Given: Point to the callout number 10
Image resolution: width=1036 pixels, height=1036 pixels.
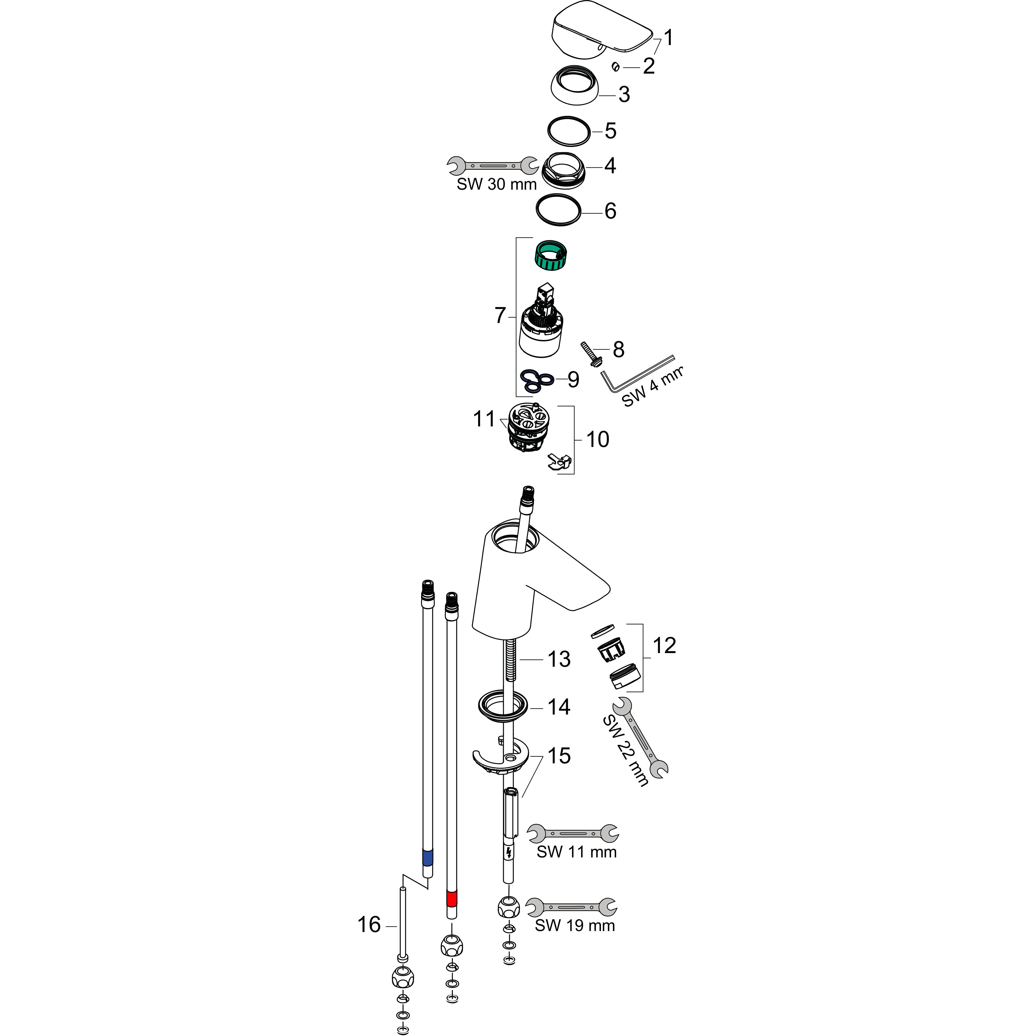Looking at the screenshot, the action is tap(597, 440).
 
